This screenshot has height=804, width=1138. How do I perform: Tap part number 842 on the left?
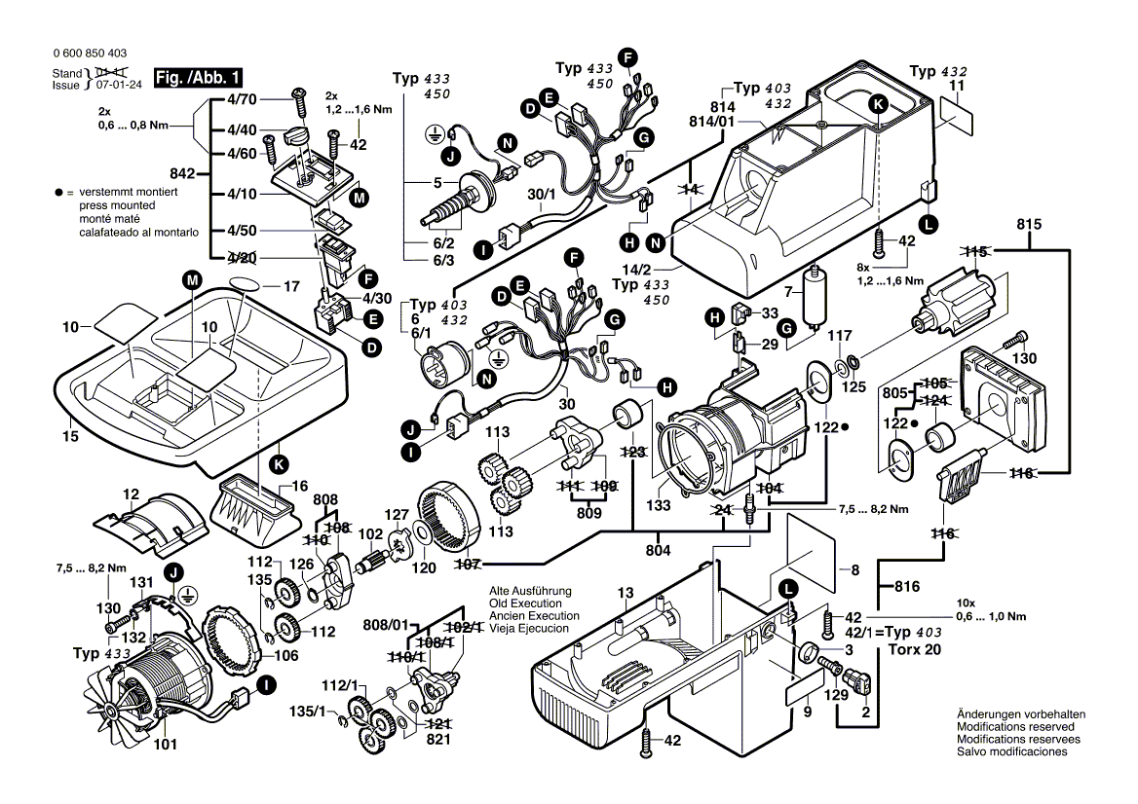coord(183,174)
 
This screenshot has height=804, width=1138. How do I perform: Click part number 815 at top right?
coord(1029,225)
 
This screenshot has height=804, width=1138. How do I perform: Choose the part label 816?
coord(908,585)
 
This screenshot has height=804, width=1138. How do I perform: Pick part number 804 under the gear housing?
coord(659,551)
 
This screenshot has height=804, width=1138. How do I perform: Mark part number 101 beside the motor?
coord(165,747)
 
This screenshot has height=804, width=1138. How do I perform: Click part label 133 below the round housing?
coord(660,506)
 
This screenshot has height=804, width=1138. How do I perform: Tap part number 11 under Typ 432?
coord(956,88)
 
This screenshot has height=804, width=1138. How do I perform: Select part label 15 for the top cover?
coord(70,438)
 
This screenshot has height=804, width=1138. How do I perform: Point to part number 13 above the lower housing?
coord(625,593)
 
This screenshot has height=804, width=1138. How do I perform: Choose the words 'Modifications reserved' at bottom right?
coord(1015,727)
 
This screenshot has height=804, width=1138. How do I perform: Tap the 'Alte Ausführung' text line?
coord(530,591)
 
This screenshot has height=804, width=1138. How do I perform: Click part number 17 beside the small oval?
coord(290,287)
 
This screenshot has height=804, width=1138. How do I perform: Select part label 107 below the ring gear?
coord(469,563)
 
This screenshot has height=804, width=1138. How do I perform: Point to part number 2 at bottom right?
coord(864,712)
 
